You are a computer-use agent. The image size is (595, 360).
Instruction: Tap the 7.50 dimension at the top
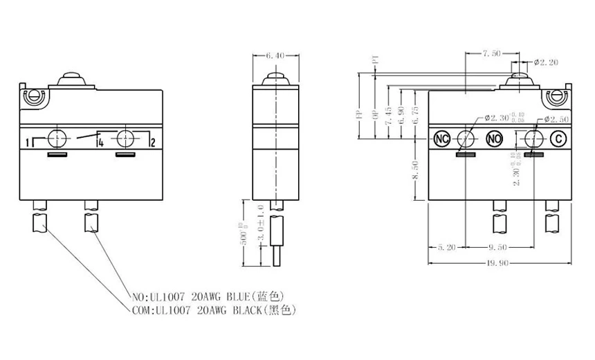coord(492,53)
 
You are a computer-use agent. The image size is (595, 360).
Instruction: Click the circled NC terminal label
coord(442,139)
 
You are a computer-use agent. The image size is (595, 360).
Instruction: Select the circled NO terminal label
coord(494,139)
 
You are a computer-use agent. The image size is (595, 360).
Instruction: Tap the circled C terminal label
coord(558,139)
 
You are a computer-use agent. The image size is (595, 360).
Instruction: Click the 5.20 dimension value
coord(446,246)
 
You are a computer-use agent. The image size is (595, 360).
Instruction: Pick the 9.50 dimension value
coord(499,246)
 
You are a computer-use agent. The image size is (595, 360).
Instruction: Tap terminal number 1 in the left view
coord(27,143)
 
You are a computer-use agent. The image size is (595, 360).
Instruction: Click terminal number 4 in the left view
coord(101,143)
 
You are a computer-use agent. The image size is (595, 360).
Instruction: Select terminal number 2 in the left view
coord(152,143)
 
